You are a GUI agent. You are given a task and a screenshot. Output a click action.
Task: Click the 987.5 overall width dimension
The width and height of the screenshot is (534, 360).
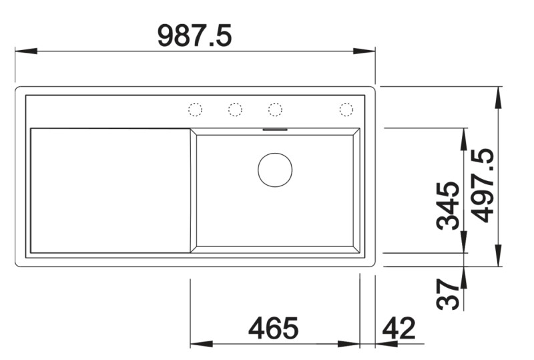tap(194, 35)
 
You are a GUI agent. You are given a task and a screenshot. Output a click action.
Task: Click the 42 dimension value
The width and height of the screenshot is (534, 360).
tap(398, 329)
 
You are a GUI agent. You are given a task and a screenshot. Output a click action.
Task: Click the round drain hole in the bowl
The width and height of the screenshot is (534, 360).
tap(275, 169)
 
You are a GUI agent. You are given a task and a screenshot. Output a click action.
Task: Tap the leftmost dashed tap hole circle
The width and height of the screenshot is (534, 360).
tap(195, 110)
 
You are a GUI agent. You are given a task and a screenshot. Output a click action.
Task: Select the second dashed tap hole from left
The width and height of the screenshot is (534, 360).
tap(235, 110)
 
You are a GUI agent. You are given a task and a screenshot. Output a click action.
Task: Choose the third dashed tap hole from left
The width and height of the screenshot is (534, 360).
tap(275, 110)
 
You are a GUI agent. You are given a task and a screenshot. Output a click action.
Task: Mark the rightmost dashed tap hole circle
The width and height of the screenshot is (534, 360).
tap(346, 110)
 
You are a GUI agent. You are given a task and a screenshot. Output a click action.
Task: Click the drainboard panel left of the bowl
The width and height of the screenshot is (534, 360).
tap(110, 190)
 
